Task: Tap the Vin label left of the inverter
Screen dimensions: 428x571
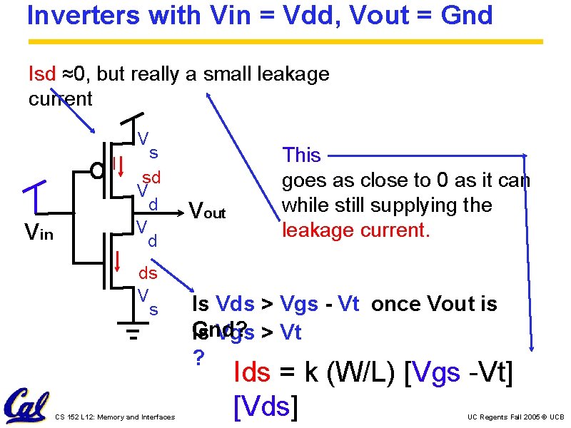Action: click(x=39, y=231)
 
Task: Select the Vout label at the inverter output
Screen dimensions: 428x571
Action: click(x=207, y=211)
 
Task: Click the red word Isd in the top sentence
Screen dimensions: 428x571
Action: click(x=41, y=73)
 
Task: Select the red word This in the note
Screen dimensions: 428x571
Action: click(x=301, y=155)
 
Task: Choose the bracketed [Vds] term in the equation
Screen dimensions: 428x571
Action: click(x=265, y=406)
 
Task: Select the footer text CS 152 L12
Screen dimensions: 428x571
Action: click(x=114, y=417)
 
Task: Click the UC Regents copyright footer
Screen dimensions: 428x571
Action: click(x=515, y=417)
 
